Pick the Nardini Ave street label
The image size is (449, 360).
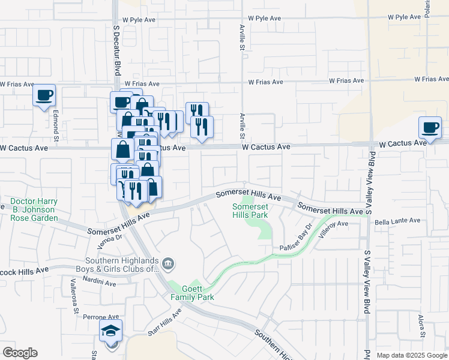pos(100,282)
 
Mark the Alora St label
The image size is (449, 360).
pos(420,325)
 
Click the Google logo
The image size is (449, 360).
pos(20,353)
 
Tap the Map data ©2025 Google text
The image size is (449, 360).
pos(411,355)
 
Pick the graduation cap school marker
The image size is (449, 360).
pos(111,332)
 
